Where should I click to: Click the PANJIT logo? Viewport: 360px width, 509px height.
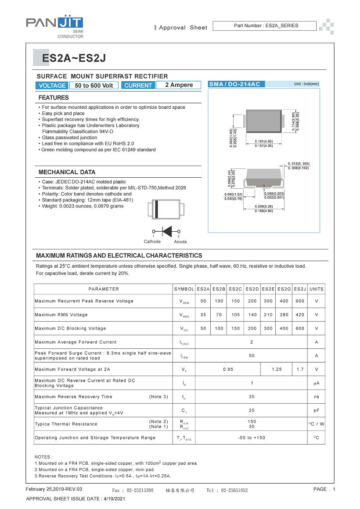pyautogui.click(x=54, y=24)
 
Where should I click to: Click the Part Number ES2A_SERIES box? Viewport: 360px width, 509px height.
pyautogui.click(x=264, y=26)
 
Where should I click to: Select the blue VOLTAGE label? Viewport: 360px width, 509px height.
pyautogui.click(x=52, y=86)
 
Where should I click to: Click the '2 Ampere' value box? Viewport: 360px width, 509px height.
pyautogui.click(x=179, y=85)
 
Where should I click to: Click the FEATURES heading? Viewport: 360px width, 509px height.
pyautogui.click(x=54, y=97)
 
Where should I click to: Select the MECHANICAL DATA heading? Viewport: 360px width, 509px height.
pyautogui.click(x=67, y=172)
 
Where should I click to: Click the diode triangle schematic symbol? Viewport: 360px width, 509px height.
pyautogui.click(x=167, y=231)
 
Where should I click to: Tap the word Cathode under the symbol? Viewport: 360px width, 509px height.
pyautogui.click(x=152, y=242)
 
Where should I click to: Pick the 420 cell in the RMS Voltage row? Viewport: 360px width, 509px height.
pyautogui.click(x=300, y=315)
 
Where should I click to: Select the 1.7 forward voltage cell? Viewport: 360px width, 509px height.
pyautogui.click(x=300, y=369)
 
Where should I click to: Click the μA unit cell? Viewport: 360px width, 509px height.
pyautogui.click(x=316, y=383)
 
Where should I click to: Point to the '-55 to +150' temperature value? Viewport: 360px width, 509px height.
pyautogui.click(x=252, y=437)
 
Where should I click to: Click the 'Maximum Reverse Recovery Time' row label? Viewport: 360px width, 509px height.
pyautogui.click(x=74, y=397)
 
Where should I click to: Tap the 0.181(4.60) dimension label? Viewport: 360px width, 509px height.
pyautogui.click(x=264, y=141)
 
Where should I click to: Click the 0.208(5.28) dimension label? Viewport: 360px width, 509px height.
pyautogui.click(x=264, y=206)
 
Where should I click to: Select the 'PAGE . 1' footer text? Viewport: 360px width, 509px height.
pyautogui.click(x=324, y=489)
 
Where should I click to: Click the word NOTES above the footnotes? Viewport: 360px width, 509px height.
pyautogui.click(x=43, y=457)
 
